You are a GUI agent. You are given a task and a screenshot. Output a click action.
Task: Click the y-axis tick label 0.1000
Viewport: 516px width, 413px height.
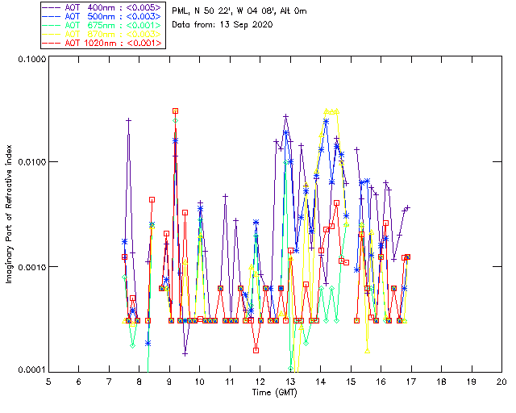[28, 59]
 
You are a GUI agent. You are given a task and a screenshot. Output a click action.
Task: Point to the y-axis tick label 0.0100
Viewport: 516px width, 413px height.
[28, 163]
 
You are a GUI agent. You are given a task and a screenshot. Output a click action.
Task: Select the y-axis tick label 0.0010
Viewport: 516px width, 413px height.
[28, 267]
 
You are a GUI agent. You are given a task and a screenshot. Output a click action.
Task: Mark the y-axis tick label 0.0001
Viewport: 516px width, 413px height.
[28, 370]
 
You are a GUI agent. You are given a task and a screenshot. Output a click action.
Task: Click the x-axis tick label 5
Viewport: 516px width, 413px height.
[48, 381]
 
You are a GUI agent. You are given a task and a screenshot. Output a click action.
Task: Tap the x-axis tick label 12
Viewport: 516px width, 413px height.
[260, 381]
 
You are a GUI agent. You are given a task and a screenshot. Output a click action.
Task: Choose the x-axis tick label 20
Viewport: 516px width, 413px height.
[501, 381]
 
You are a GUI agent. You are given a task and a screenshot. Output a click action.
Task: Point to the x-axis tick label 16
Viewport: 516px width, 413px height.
[381, 381]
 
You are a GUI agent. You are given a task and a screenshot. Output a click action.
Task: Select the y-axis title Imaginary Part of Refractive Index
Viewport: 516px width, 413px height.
[10, 214]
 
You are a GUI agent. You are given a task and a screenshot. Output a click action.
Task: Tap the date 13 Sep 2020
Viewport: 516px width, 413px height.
[243, 24]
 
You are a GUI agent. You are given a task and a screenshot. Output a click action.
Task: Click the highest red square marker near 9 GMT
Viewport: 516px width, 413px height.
[175, 111]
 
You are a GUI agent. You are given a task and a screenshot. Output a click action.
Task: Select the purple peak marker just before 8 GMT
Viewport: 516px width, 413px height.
[128, 120]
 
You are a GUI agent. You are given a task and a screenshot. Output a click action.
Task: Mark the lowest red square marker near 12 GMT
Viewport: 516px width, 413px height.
[256, 350]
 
